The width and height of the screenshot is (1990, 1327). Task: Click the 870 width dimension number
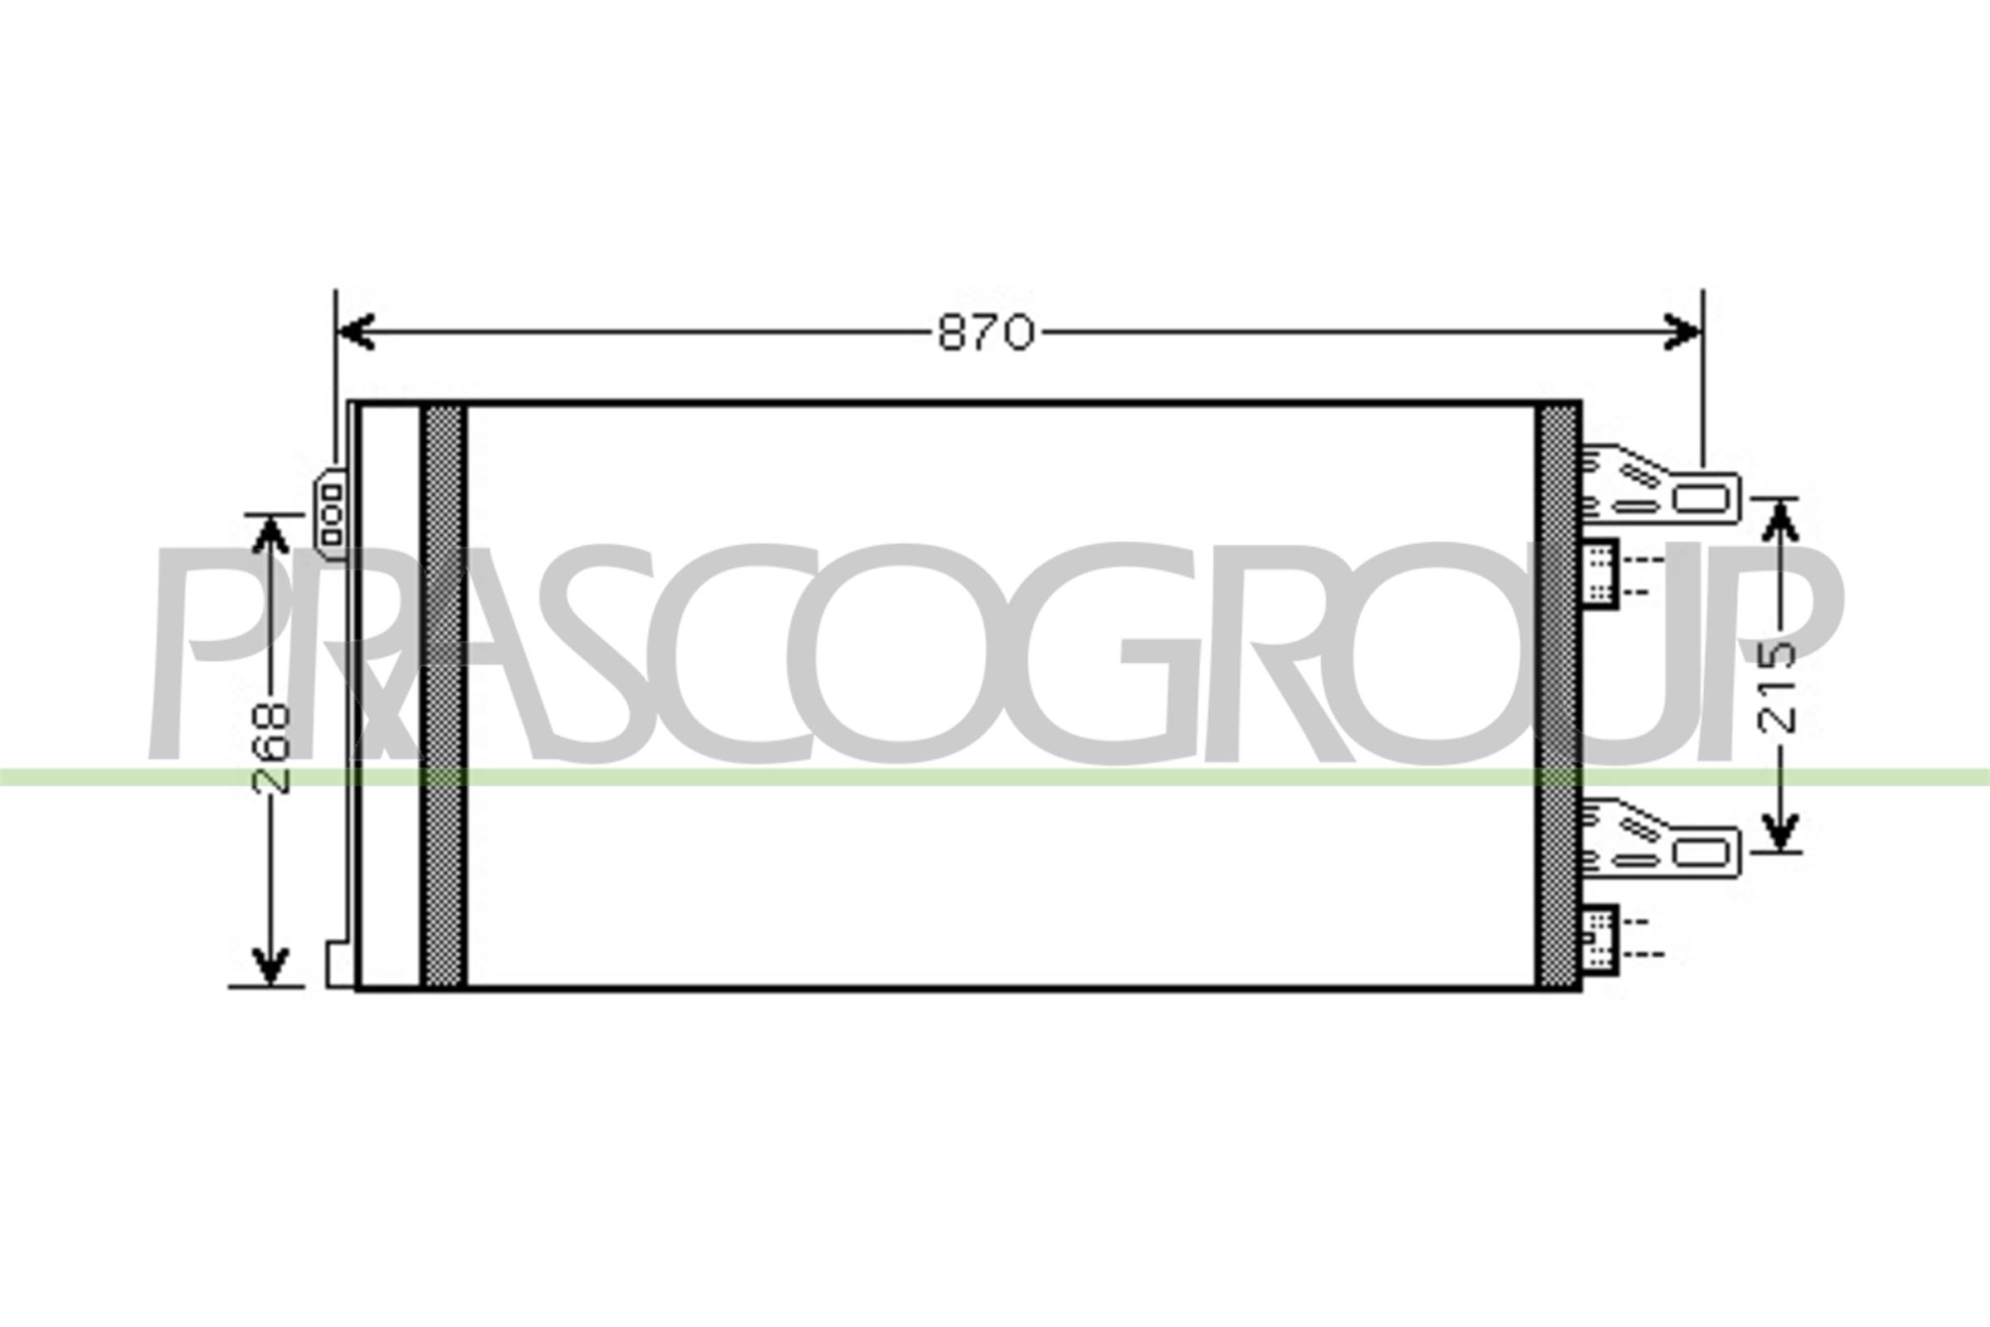pos(986,333)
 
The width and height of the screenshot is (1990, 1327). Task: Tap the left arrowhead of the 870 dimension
pos(356,332)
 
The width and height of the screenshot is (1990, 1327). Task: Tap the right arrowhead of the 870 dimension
pos(1682,332)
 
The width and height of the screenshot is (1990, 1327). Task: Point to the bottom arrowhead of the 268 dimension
pos(271,965)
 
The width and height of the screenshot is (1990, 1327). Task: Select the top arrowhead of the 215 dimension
pos(1781,520)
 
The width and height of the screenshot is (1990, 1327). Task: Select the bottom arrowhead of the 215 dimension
pos(1781,830)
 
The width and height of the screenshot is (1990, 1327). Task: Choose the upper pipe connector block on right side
pos(1600,573)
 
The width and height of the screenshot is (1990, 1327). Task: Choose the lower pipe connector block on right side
pos(1600,940)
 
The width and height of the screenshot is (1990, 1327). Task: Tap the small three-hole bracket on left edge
pos(331,513)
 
